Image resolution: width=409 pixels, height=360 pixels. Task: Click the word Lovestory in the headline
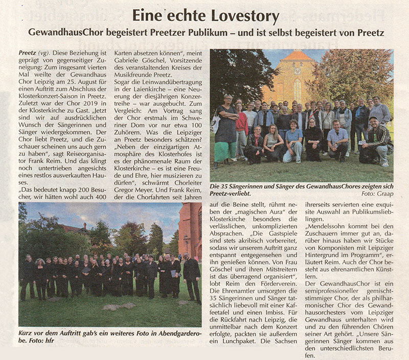point(242,16)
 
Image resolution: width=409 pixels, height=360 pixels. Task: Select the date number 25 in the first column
point(72,79)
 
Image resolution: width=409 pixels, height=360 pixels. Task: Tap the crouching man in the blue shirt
point(337,141)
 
